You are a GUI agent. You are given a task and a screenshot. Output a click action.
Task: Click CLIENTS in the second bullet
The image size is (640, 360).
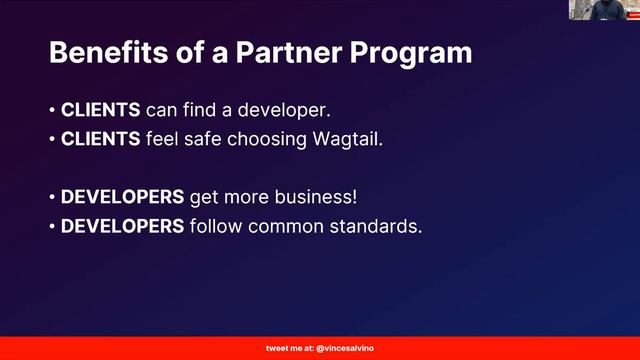pyautogui.click(x=101, y=139)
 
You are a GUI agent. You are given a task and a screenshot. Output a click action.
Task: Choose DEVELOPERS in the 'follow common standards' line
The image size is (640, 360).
pyautogui.click(x=122, y=226)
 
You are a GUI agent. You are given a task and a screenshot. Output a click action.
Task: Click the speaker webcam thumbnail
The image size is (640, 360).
pyautogui.click(x=603, y=11)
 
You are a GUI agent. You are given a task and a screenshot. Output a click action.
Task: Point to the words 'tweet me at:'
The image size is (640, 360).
pyautogui.click(x=289, y=349)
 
